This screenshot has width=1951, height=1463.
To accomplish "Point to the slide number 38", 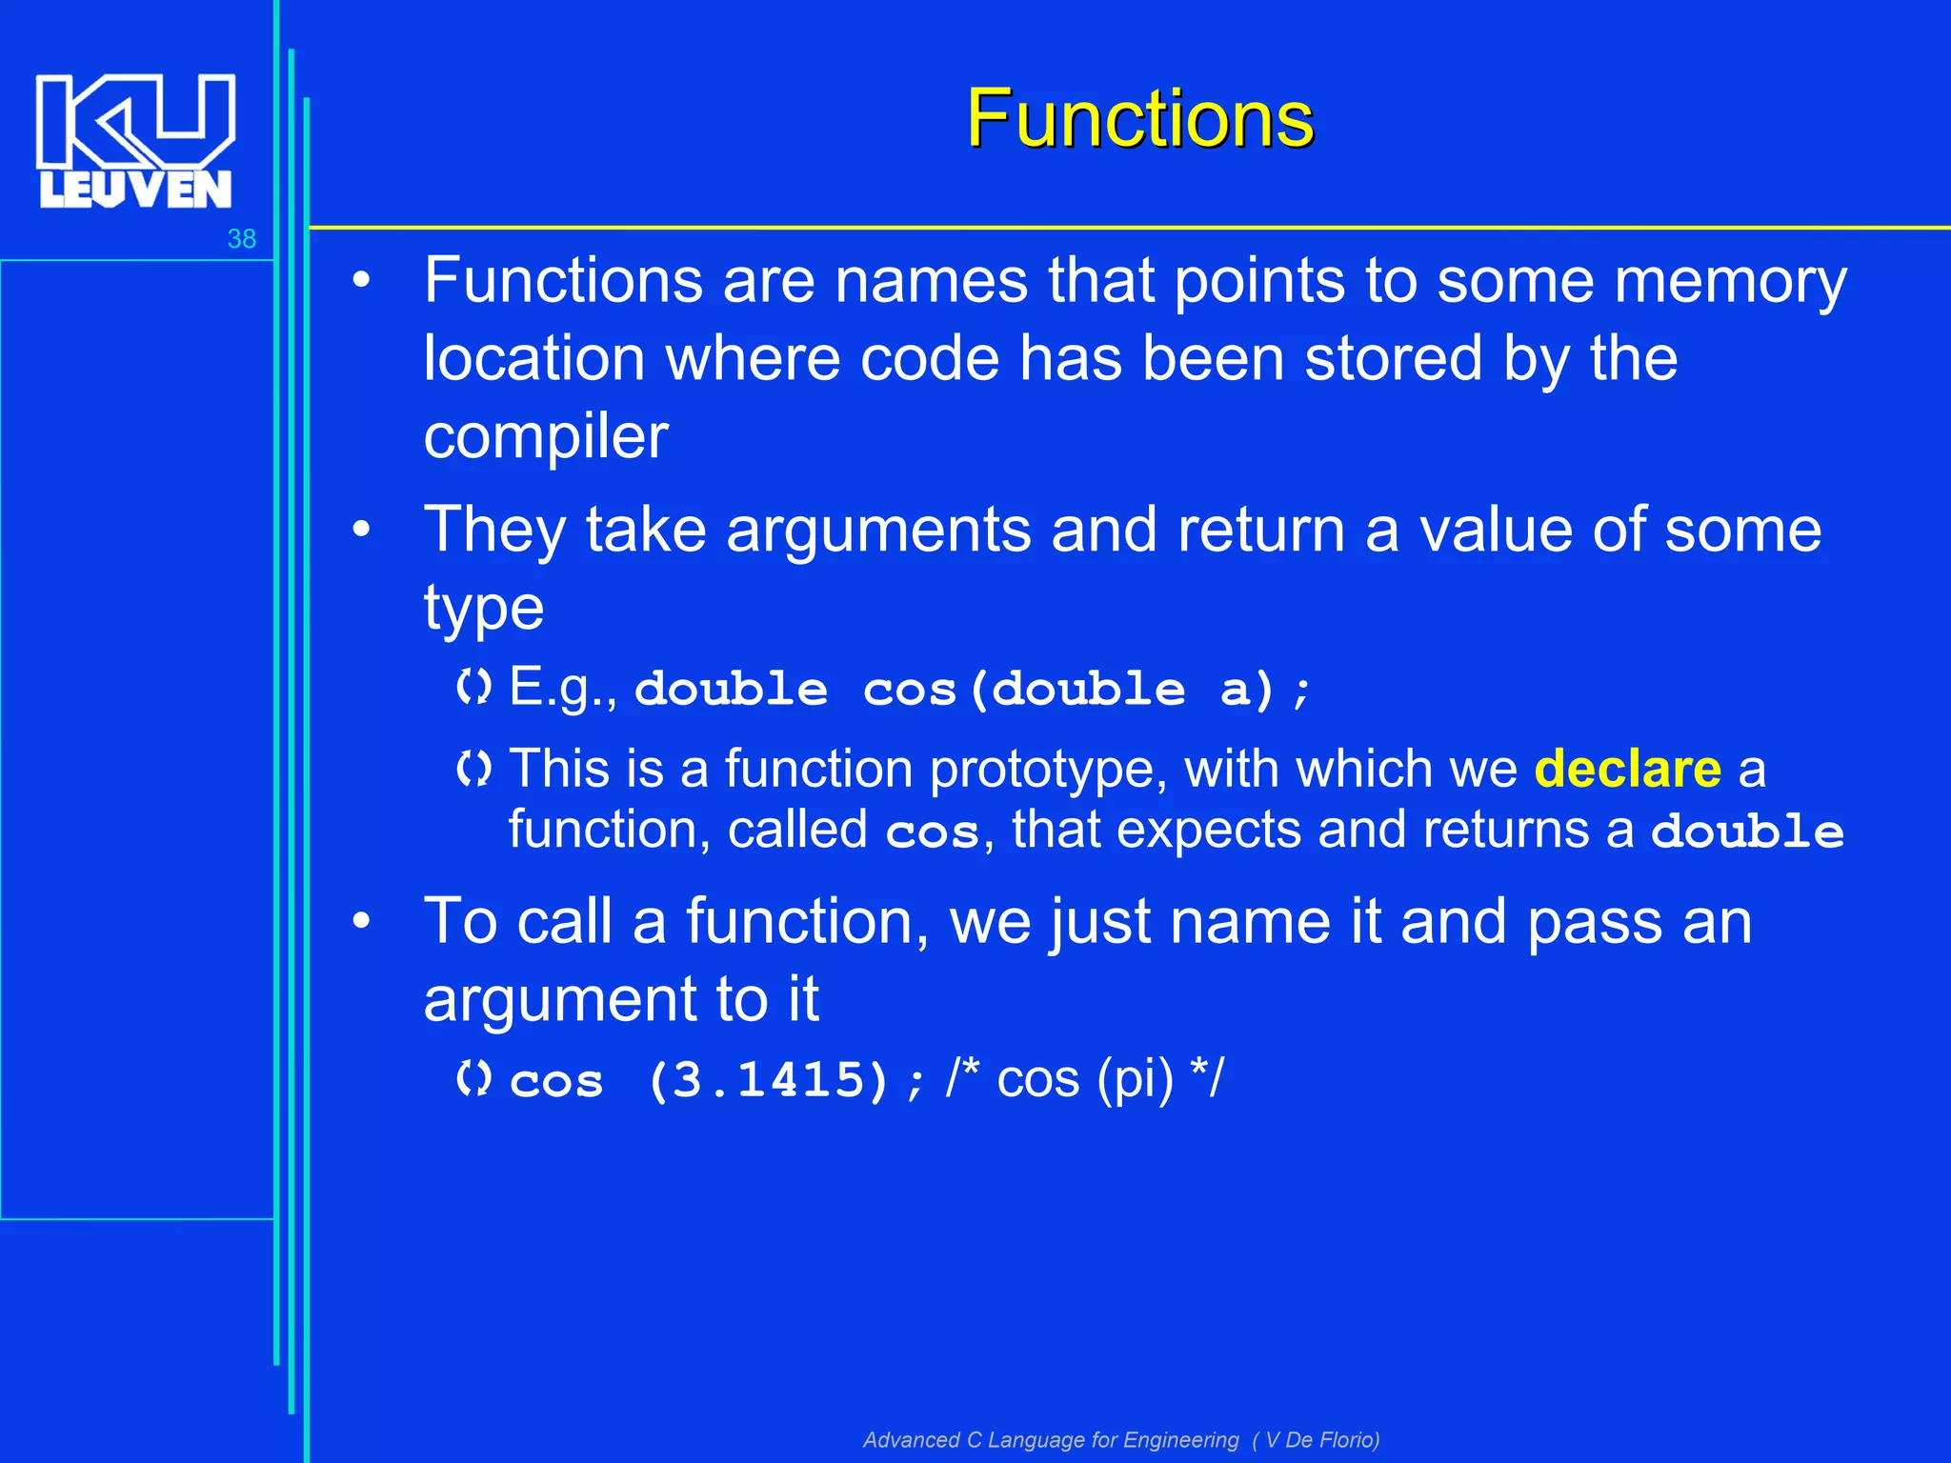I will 242,239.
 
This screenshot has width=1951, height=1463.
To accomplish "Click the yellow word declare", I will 1627,769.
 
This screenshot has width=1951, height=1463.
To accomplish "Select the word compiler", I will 546,437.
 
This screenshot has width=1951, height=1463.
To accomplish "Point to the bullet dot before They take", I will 361,530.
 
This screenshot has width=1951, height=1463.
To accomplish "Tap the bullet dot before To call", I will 361,921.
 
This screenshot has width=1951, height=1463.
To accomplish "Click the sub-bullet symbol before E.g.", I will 473,687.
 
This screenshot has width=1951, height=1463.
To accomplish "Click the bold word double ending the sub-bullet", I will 1747,832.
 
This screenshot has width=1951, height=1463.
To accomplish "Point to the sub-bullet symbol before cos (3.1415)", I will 473,1079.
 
